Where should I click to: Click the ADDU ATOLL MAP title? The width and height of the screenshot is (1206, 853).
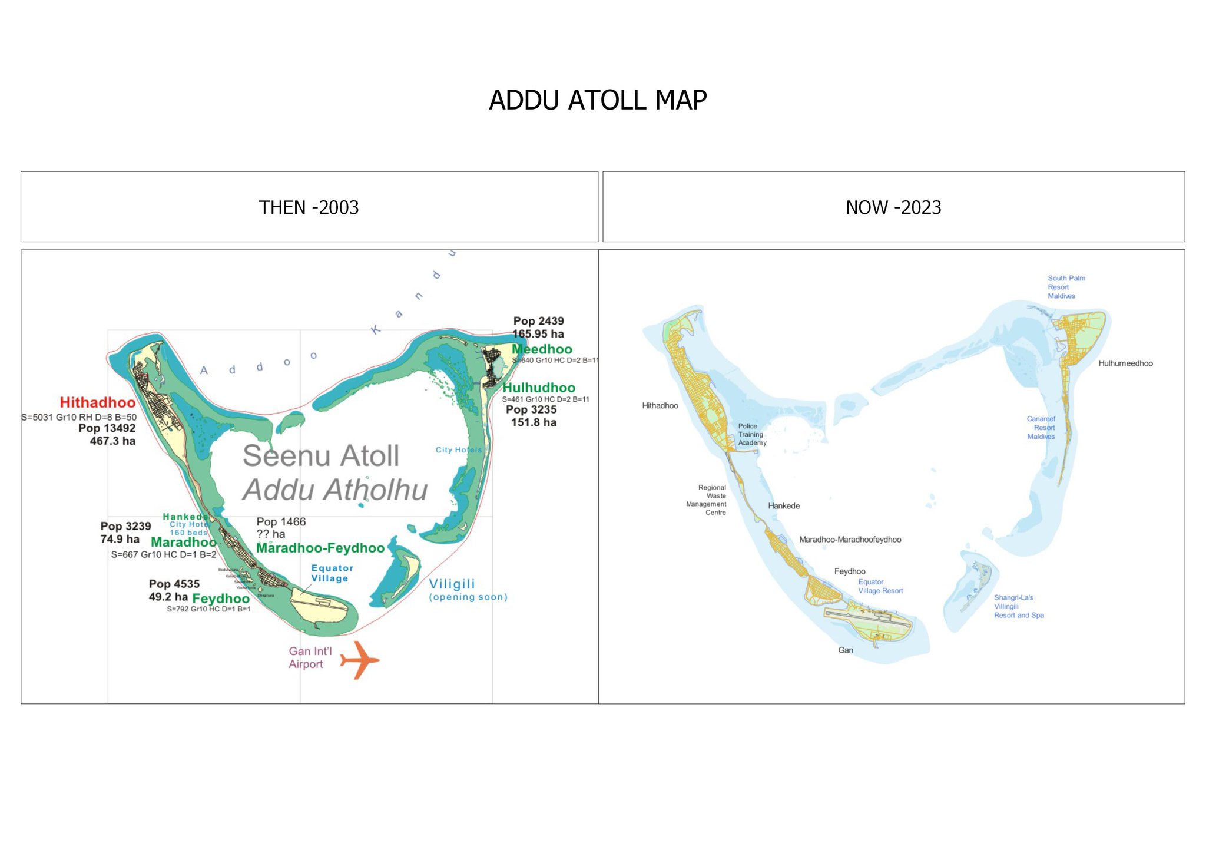click(598, 100)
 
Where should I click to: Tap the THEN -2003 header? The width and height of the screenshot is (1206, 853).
click(309, 207)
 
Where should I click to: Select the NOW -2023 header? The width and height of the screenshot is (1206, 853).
click(893, 207)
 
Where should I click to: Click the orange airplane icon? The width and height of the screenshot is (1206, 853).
click(359, 660)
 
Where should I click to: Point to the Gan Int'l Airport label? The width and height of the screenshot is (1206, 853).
click(310, 657)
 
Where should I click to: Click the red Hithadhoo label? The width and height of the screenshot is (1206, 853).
click(98, 402)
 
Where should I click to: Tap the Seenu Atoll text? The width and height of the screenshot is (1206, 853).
click(321, 455)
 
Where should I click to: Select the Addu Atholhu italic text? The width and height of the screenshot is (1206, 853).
click(335, 490)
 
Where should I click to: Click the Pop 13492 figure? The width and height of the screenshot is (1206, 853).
click(107, 428)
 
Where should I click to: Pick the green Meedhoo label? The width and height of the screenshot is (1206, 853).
click(542, 349)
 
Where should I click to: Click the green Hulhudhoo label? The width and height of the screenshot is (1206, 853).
click(539, 388)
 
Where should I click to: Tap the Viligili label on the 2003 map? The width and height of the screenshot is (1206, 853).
click(452, 584)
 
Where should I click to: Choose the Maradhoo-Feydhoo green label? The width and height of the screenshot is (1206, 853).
click(320, 548)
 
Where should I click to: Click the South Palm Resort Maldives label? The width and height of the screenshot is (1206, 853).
click(1066, 287)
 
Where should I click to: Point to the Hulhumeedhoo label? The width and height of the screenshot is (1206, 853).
click(1125, 363)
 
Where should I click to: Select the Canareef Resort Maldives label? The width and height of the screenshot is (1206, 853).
click(1041, 428)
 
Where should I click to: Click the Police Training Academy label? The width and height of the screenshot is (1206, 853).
click(752, 434)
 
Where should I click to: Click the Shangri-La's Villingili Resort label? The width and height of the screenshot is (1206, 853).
click(1019, 606)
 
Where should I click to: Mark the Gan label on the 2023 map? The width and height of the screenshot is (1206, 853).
click(846, 650)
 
